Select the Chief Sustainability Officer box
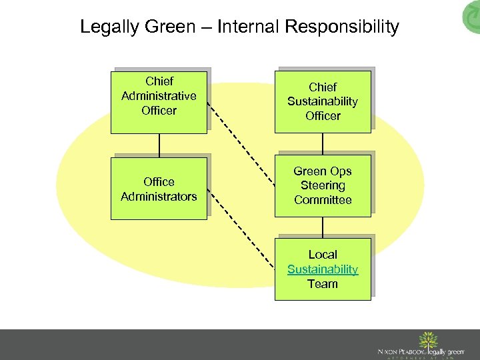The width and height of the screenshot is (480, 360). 323,102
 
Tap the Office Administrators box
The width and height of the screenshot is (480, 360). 159,188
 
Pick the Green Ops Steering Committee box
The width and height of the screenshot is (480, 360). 323,185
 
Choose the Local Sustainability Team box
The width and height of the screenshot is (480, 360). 323,269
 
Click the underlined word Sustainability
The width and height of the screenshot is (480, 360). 323,269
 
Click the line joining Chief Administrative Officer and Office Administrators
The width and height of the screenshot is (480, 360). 159,145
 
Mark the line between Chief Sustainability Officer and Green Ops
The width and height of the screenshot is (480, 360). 323,143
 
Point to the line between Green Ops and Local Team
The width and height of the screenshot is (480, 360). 323,228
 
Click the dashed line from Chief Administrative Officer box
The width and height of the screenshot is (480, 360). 241,137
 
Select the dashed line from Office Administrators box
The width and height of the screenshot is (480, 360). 241,231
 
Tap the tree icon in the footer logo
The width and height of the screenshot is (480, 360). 426,341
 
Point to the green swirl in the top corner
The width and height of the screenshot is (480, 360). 470,17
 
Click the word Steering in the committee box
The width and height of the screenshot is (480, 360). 323,185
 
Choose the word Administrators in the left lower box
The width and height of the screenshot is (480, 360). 159,196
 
